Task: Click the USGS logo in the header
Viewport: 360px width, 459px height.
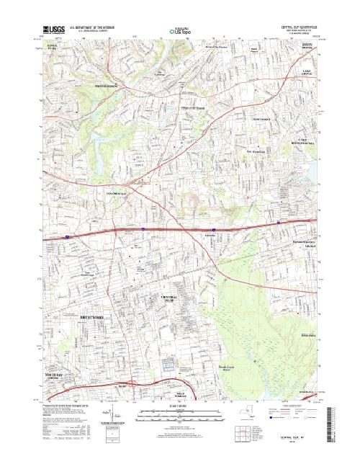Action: [x=55, y=31]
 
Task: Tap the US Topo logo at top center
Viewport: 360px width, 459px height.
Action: [x=179, y=32]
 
